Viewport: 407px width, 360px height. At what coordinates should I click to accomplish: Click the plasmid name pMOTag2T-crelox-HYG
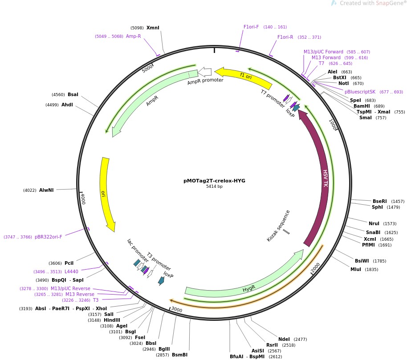pyautogui.click(x=214, y=181)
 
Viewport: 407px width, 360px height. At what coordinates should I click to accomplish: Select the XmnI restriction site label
pyautogui.click(x=153, y=28)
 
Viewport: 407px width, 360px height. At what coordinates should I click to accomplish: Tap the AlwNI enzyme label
pyautogui.click(x=46, y=190)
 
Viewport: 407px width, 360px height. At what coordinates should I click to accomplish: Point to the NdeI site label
pyautogui.click(x=284, y=339)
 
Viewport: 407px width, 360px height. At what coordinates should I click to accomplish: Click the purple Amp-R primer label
pyautogui.click(x=133, y=36)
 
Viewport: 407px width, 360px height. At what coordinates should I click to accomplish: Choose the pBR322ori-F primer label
pyautogui.click(x=48, y=237)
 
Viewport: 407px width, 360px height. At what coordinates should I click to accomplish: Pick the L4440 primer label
pyautogui.click(x=71, y=271)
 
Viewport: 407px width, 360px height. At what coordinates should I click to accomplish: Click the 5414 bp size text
pyautogui.click(x=214, y=186)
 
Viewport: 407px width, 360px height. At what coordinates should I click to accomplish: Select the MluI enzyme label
pyautogui.click(x=356, y=269)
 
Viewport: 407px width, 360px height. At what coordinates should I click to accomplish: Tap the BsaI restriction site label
pyautogui.click(x=73, y=94)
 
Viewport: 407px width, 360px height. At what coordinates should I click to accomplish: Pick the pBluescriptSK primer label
pyautogui.click(x=360, y=92)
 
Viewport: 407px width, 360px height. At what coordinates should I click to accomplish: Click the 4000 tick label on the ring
pyautogui.click(x=82, y=198)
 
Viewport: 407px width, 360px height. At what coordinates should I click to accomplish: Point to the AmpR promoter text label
pyautogui.click(x=205, y=81)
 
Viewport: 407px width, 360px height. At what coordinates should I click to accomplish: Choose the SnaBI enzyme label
pyautogui.click(x=373, y=232)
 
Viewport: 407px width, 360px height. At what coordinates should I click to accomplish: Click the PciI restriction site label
pyautogui.click(x=69, y=263)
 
